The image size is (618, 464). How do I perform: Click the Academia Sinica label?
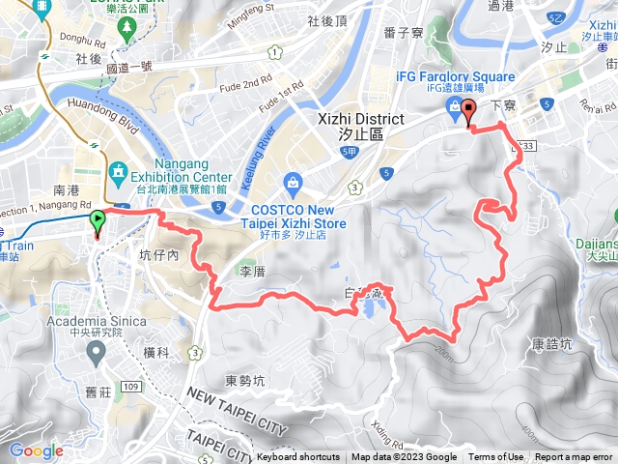(x=94, y=321)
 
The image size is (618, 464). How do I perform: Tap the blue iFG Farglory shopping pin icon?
(x=451, y=107)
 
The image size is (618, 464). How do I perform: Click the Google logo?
(x=36, y=450)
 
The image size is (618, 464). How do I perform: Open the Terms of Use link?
(x=495, y=457)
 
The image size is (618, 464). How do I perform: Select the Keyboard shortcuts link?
(x=298, y=457)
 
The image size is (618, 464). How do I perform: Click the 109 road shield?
(x=131, y=360)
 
